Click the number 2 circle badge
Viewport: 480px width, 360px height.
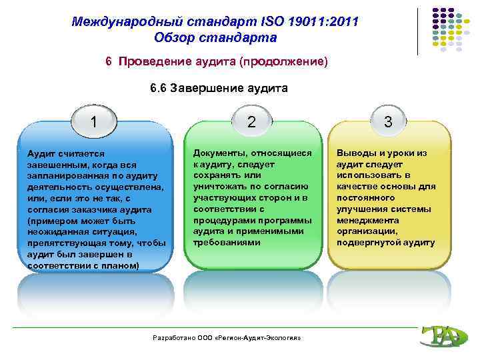click(x=251, y=122)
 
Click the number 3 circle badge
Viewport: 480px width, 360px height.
click(x=389, y=122)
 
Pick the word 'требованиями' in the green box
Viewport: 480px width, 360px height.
click(x=223, y=243)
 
